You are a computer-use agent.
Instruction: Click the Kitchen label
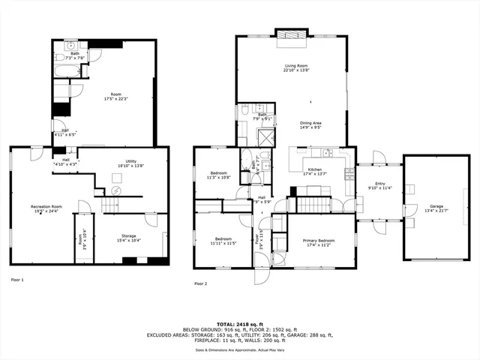tap(315, 172)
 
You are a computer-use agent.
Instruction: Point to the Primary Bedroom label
tap(319, 242)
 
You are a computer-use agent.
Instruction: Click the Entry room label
tap(373, 186)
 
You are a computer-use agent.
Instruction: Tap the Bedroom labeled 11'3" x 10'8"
tap(220, 175)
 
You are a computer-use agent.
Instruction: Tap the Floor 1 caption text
tap(17, 280)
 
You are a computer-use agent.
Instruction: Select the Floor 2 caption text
tap(200, 283)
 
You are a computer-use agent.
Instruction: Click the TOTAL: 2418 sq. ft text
tap(239, 324)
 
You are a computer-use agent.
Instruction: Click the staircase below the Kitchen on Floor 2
tap(314, 203)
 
